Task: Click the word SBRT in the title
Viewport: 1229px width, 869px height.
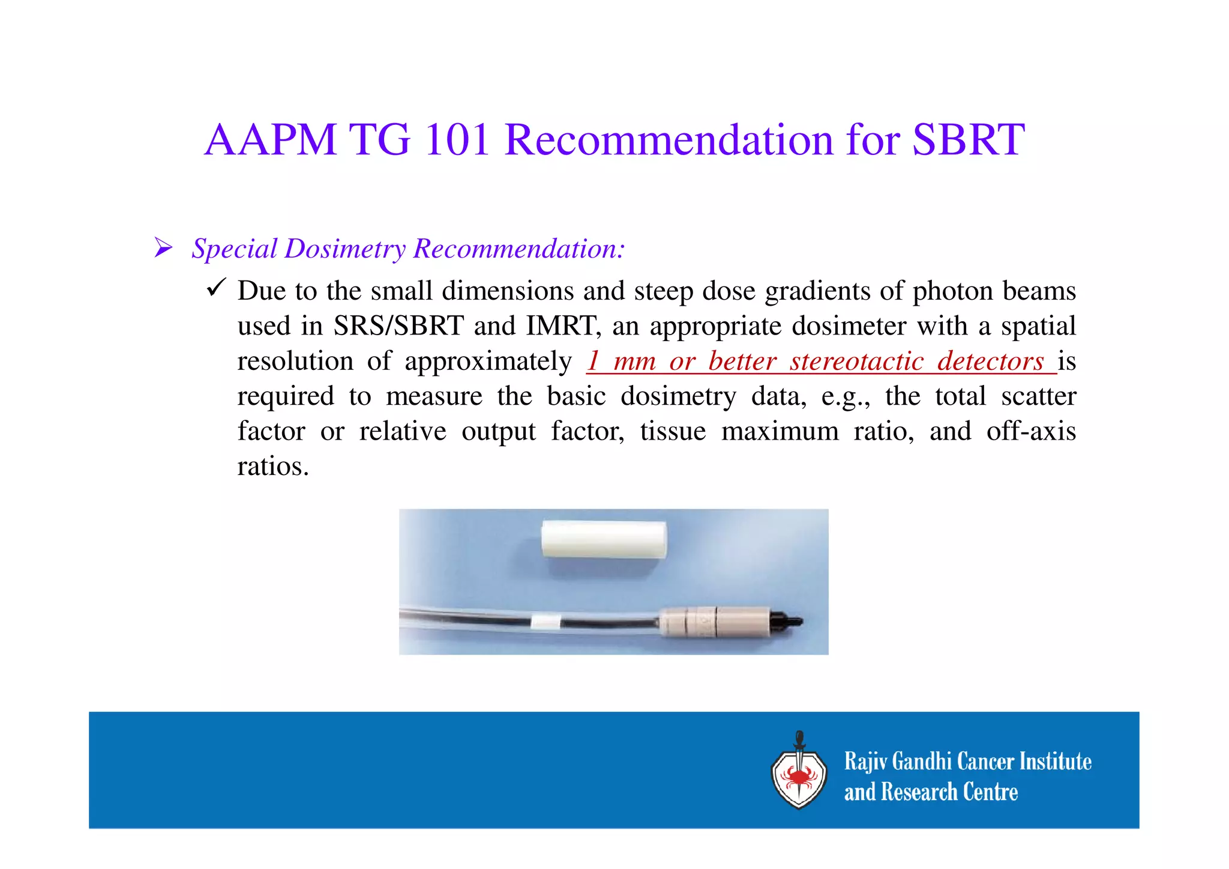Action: pos(968,139)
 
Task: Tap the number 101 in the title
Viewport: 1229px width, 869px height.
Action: pos(457,139)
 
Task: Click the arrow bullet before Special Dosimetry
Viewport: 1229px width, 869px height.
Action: pos(163,247)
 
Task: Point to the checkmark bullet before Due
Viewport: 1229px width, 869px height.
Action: pos(215,288)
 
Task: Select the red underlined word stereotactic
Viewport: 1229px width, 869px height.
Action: pos(856,361)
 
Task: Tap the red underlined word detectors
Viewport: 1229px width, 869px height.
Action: pos(990,361)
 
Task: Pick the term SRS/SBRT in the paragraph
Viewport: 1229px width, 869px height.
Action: pos(398,326)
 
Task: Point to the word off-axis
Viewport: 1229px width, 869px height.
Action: pos(1031,431)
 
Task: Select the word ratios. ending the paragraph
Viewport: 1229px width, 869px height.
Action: pos(273,467)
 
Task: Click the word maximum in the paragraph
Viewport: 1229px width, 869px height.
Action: pos(780,431)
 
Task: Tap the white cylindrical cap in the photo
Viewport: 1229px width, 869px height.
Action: pos(604,539)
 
